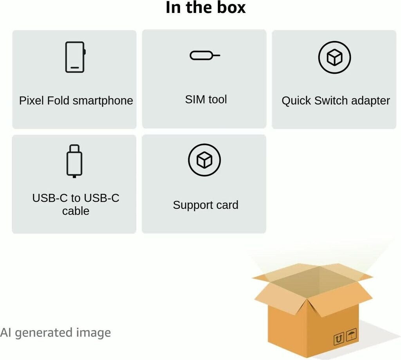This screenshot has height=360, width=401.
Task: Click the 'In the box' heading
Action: click(206, 8)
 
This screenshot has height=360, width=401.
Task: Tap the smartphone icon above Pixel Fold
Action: click(75, 57)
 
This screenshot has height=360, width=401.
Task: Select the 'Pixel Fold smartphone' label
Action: click(76, 101)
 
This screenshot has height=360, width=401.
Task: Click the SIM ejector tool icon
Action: click(204, 56)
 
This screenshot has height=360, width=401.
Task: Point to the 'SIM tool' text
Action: click(206, 99)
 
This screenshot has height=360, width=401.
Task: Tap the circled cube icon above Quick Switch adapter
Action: click(334, 58)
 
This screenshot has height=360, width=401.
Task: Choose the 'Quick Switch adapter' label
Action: click(336, 101)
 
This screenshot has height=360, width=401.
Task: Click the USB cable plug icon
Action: click(74, 161)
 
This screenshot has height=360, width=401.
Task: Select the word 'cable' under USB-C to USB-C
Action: click(76, 211)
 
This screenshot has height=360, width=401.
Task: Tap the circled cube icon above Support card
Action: click(204, 160)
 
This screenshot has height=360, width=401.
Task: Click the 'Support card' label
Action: click(206, 205)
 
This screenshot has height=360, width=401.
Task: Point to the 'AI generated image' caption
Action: click(55, 333)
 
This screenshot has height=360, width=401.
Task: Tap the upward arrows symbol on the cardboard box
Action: click(339, 338)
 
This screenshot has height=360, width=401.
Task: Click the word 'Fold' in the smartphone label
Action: click(59, 101)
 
